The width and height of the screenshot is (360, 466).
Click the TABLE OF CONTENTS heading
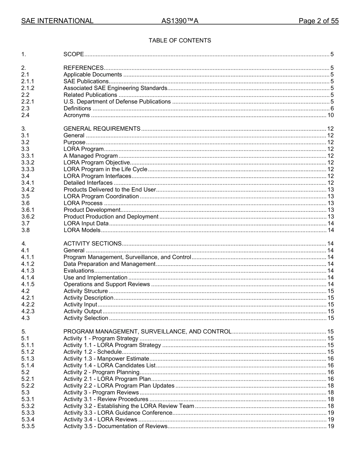pyautogui.click(x=180, y=41)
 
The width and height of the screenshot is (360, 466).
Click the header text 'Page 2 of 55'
pyautogui.click(x=318, y=21)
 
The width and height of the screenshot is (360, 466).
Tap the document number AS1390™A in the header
pyautogui.click(x=180, y=21)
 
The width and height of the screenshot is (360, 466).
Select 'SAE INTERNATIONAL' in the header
pyautogui.click(x=57, y=21)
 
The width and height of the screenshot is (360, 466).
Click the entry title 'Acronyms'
pyautogui.click(x=77, y=115)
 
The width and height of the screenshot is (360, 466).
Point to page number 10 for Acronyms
pyautogui.click(x=330, y=115)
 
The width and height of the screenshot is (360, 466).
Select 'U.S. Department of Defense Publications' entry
pyautogui.click(x=117, y=102)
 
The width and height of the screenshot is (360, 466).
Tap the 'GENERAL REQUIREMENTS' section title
pyautogui.click(x=102, y=128)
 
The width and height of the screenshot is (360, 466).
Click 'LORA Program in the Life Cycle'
pyautogui.click(x=105, y=169)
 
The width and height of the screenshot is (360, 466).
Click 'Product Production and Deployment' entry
pyautogui.click(x=111, y=217)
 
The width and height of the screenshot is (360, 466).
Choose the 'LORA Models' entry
pyautogui.click(x=82, y=230)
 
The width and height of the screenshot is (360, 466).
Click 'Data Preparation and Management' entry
pyautogui.click(x=110, y=264)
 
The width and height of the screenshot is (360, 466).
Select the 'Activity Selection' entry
pyautogui.click(x=86, y=318)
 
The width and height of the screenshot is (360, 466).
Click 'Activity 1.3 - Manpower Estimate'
pyautogui.click(x=106, y=359)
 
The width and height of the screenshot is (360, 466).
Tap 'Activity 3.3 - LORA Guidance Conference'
pyautogui.click(x=118, y=413)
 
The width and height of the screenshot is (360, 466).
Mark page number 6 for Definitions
pyautogui.click(x=332, y=108)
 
